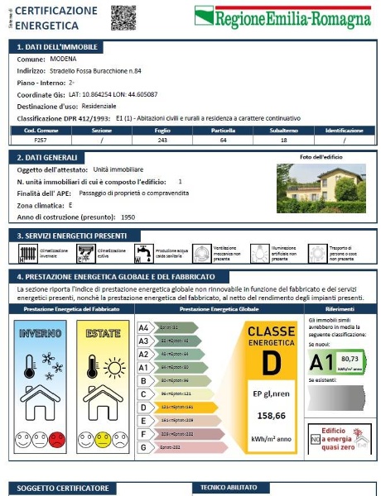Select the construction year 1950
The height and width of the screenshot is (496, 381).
[128, 217]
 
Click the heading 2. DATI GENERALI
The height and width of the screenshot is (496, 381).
[49, 157]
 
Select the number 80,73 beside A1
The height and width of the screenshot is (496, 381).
[350, 358]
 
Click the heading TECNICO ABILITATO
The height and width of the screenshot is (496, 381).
[229, 487]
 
